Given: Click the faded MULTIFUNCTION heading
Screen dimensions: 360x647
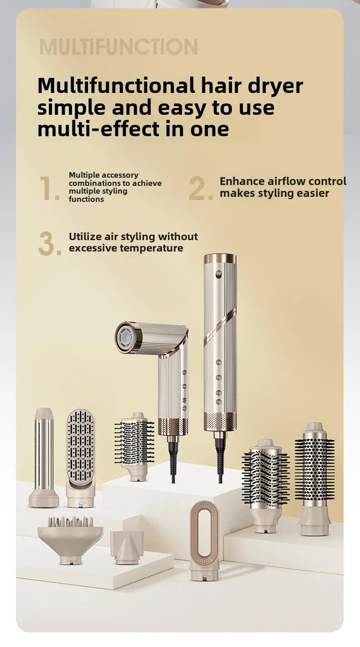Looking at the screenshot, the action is click(x=118, y=47).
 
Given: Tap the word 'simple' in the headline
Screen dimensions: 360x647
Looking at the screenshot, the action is click(x=72, y=108).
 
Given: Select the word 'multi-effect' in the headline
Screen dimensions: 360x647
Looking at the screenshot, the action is click(x=99, y=128).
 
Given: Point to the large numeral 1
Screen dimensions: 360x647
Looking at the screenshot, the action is click(x=49, y=188).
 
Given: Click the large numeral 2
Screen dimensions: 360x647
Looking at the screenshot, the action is click(x=201, y=188).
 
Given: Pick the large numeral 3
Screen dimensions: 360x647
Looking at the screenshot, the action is click(x=50, y=243).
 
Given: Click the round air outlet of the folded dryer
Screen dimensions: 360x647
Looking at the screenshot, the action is click(x=126, y=338).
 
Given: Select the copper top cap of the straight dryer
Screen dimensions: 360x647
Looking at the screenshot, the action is click(x=221, y=258).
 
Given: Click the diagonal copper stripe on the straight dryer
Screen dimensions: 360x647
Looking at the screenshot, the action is click(x=220, y=326).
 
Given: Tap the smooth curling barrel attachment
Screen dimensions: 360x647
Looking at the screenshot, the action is click(x=44, y=457).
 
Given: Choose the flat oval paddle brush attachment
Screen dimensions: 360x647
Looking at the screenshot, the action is click(x=81, y=457).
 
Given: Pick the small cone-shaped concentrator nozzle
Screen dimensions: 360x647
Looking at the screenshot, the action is click(x=127, y=547).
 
